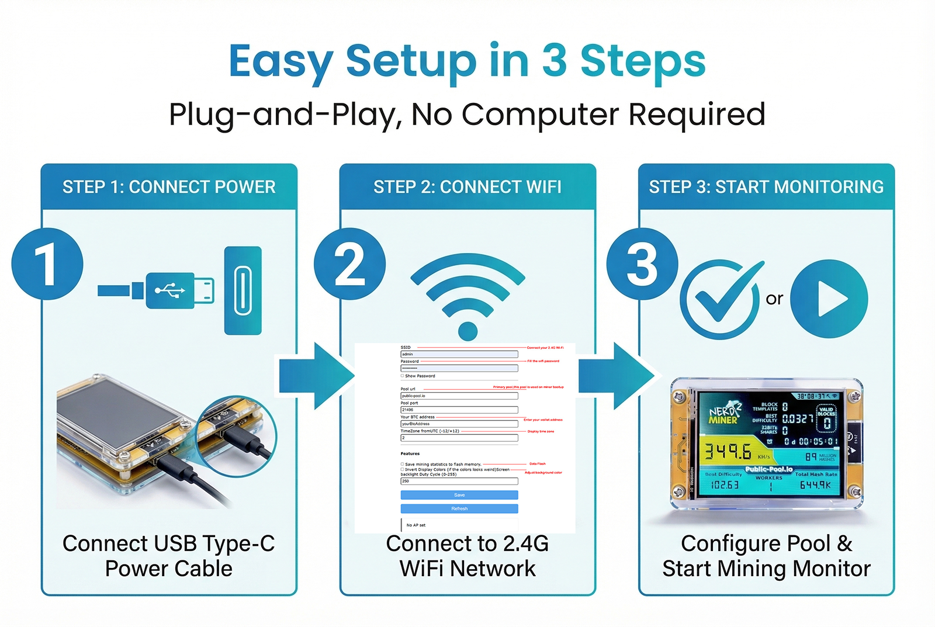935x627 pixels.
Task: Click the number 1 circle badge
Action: pos(47,264)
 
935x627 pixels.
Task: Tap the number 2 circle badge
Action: pos(349,264)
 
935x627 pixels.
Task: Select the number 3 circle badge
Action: pos(642,264)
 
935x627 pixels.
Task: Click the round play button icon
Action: pos(829,299)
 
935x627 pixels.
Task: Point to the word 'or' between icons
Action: pos(774,299)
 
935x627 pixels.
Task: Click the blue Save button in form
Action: pos(459,495)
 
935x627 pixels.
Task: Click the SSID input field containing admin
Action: pos(459,354)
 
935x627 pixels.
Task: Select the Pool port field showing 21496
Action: pos(459,410)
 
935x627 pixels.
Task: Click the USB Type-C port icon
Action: pos(243,290)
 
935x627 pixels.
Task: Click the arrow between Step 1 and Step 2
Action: pos(316,376)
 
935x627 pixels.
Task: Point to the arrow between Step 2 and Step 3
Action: pos(615,376)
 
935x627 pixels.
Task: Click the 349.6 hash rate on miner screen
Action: pos(728,451)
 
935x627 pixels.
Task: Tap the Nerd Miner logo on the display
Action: pos(725,412)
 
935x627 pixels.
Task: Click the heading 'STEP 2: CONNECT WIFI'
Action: pos(467,187)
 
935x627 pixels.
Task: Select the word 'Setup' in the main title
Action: pos(411,61)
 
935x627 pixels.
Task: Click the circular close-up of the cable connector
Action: pos(236,435)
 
